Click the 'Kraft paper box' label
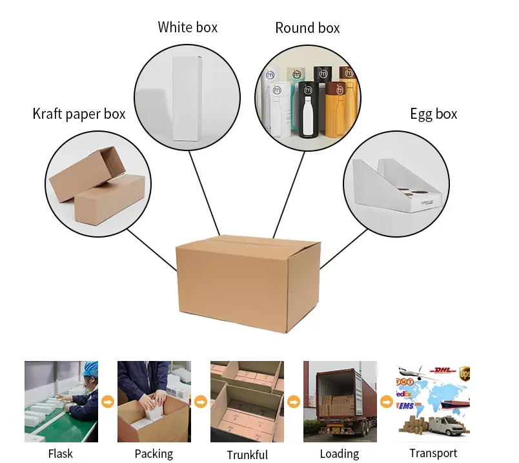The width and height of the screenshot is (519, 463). [79, 114]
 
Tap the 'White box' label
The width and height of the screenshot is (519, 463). [187, 27]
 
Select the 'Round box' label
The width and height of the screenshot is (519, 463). [307, 28]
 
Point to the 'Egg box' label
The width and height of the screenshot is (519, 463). [433, 114]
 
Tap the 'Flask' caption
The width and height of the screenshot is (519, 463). [61, 454]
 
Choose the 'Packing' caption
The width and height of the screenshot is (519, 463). [154, 454]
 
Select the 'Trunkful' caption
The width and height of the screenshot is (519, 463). [247, 455]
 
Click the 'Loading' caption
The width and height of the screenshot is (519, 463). [340, 454]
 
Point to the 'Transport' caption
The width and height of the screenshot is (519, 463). [433, 453]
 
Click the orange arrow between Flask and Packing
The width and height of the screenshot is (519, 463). [108, 402]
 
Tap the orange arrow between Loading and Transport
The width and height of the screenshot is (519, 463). [387, 402]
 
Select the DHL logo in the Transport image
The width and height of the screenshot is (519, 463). [441, 371]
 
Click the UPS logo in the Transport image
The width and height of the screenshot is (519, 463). [465, 373]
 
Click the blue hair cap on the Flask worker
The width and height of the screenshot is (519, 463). [90, 369]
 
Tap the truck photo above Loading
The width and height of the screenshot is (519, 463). [340, 402]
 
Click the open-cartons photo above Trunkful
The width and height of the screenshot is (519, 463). [247, 402]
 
